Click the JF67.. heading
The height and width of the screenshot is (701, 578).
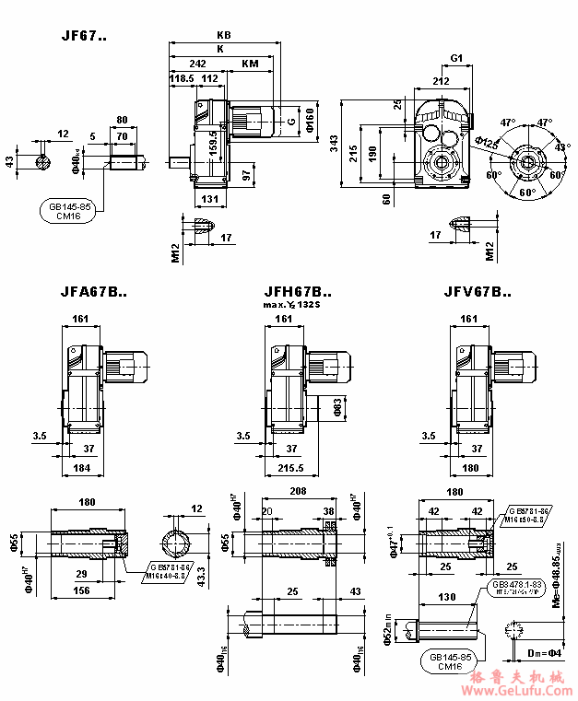(x=84, y=37)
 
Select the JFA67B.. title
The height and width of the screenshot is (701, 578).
(x=94, y=292)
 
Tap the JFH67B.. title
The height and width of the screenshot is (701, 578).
(x=298, y=292)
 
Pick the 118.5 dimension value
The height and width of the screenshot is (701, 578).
(x=182, y=79)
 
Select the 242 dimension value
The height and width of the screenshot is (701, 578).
(x=197, y=64)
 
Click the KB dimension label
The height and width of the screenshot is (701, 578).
(x=223, y=35)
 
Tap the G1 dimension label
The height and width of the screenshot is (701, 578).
(x=456, y=58)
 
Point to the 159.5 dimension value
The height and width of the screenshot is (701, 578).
(x=213, y=141)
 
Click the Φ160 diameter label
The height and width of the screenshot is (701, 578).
(x=310, y=119)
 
